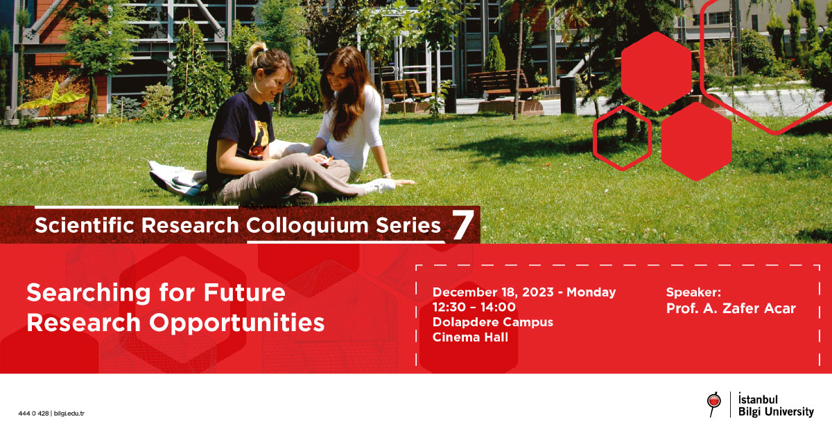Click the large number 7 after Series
point(463,224)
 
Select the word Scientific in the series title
point(85,225)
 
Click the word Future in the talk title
point(244,292)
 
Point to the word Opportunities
point(237,323)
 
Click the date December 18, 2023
point(493,292)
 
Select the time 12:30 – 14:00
point(474,307)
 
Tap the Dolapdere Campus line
point(493,322)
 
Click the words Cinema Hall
point(470,337)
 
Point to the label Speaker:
point(693,292)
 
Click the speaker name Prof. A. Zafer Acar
point(731,308)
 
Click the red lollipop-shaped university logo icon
point(713,405)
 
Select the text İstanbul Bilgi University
point(776,405)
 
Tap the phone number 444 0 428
point(33,414)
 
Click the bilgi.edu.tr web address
point(69,414)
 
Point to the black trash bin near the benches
point(568,95)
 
